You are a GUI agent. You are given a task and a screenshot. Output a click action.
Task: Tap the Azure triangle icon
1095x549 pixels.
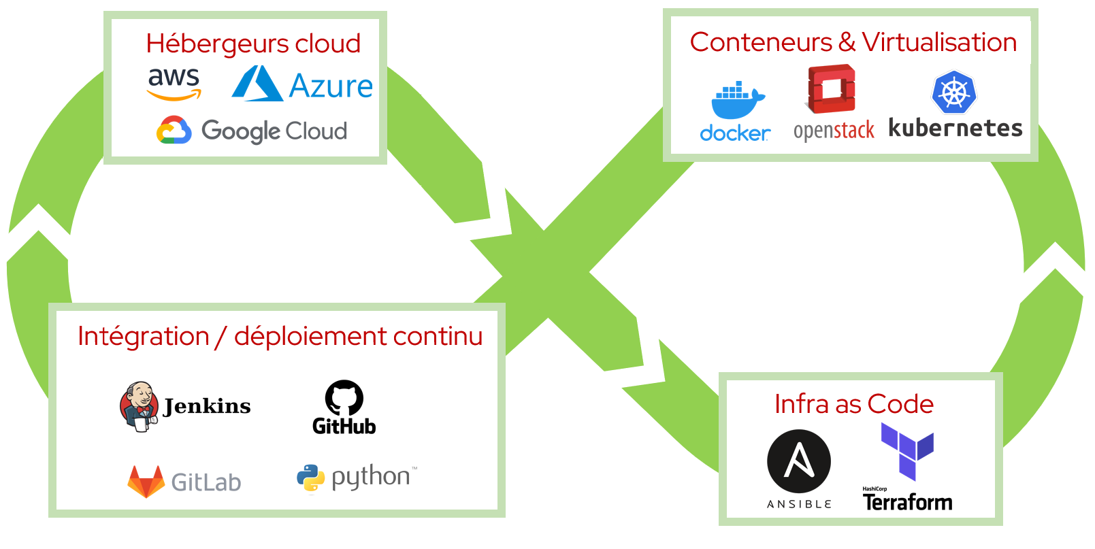coord(257,84)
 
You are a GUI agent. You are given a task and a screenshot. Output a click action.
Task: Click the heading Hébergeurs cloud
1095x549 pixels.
coord(253,44)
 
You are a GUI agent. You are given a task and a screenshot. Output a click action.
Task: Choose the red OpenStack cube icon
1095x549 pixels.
coord(831,88)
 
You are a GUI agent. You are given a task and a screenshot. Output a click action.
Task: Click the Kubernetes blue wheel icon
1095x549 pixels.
coord(955,94)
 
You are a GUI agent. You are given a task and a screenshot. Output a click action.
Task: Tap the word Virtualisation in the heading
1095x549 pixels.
coord(939,42)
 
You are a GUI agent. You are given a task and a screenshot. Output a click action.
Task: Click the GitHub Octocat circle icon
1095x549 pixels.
coord(344,398)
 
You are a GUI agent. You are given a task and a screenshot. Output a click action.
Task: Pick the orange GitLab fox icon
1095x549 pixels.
coord(146,480)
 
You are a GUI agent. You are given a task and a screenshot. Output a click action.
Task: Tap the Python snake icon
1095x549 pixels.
coord(311,479)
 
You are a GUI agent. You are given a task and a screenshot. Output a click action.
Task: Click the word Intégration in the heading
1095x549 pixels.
coord(144,336)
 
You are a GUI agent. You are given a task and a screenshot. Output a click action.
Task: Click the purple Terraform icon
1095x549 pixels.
coord(907,450)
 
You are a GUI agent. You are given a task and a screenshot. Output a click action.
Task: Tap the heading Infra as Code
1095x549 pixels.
coord(854,404)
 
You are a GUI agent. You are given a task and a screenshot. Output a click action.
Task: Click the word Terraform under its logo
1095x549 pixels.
coord(907,502)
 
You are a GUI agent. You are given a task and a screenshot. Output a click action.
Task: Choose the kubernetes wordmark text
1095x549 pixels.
coord(955,128)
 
